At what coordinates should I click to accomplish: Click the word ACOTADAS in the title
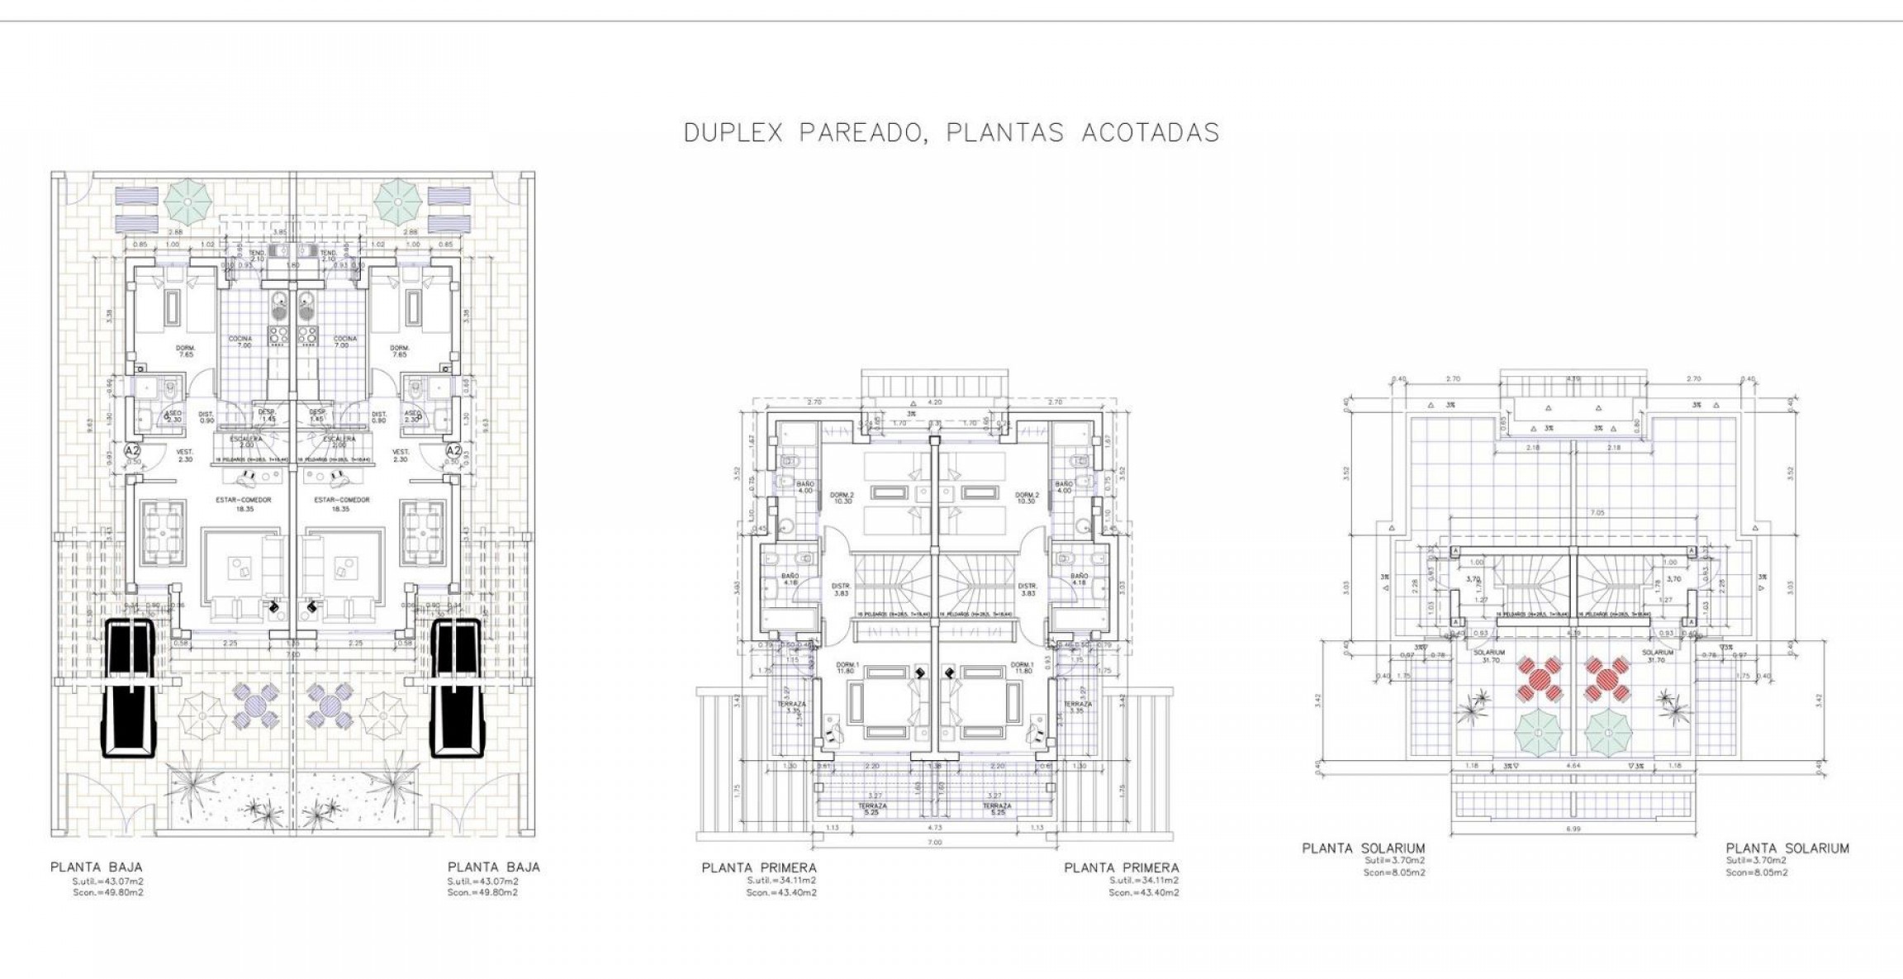1150,133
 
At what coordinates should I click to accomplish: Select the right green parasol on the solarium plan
1607,732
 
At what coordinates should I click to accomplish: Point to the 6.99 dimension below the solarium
1573,829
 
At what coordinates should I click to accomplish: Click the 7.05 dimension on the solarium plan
1573,513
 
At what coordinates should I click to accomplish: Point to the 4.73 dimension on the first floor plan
934,827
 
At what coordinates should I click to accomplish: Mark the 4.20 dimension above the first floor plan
935,402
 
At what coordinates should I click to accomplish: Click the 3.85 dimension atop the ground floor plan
280,232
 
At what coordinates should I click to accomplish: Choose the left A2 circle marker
132,450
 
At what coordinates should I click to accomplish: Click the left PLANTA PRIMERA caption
759,867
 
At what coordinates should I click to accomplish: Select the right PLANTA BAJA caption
493,867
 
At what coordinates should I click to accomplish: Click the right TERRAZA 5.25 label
997,808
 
